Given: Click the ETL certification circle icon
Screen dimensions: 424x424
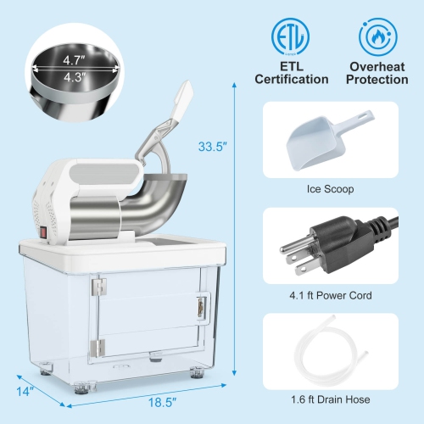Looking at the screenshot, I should click(292, 37).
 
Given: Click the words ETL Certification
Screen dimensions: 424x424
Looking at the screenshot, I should click(292, 72).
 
